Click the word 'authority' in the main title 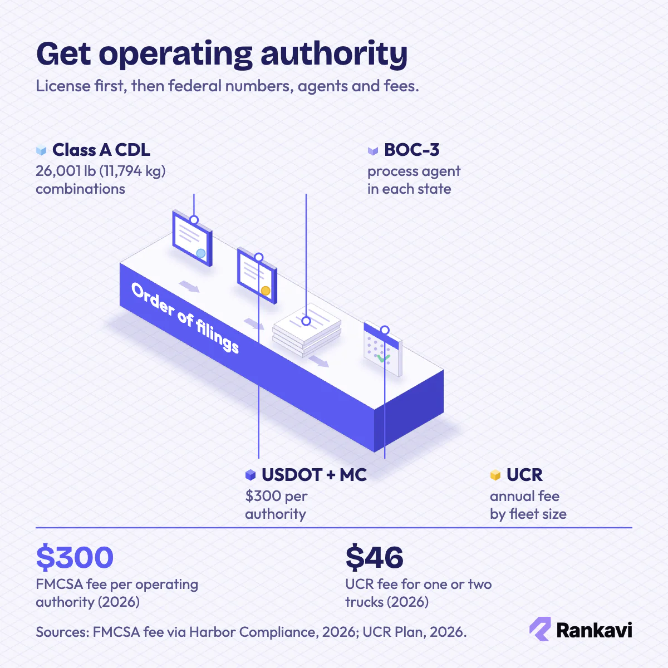click(334, 54)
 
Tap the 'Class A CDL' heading click(101, 150)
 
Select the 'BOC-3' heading click(411, 150)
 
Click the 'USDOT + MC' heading click(314, 475)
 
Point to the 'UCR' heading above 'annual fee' click(524, 475)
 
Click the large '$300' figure click(75, 557)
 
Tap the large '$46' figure click(375, 557)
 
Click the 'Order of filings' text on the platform click(185, 318)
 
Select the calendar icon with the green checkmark click(382, 348)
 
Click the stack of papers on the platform click(307, 330)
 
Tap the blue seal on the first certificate click(201, 253)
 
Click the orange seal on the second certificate click(266, 291)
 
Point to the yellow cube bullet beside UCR click(495, 475)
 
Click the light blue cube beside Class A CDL click(41, 150)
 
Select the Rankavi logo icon click(540, 629)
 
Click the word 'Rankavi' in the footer click(594, 630)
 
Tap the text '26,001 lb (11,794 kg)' click(101, 171)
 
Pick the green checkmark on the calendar click(384, 358)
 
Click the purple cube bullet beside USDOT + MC click(250, 475)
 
